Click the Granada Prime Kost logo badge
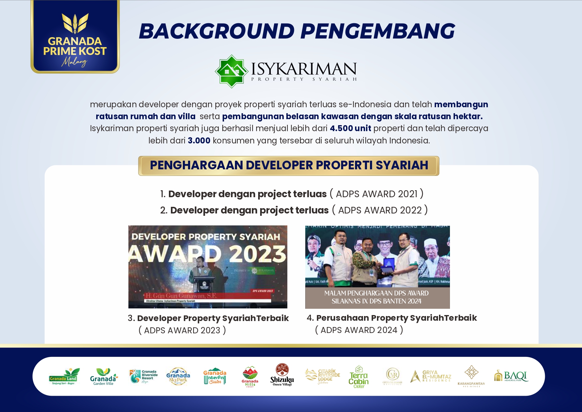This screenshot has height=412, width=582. (x=75, y=37)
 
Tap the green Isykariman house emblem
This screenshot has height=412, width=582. (x=231, y=71)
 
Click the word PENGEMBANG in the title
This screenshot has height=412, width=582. (x=377, y=31)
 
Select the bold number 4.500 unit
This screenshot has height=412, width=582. (x=350, y=128)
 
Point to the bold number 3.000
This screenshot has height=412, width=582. (x=199, y=141)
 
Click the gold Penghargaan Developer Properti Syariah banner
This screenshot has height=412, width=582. (x=289, y=165)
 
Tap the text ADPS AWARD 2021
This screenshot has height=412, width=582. (x=377, y=194)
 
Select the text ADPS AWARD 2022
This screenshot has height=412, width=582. (x=380, y=210)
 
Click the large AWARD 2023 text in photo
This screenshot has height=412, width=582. (x=207, y=254)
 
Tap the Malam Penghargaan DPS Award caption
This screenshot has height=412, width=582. (x=377, y=297)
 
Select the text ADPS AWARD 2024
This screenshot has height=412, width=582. (x=359, y=330)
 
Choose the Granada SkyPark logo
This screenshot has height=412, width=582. (x=178, y=376)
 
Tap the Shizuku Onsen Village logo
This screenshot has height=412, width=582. (x=282, y=375)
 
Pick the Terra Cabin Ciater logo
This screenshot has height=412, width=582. (x=359, y=377)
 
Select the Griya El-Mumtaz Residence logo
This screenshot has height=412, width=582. (x=431, y=376)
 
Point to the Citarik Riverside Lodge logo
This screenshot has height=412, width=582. (x=323, y=376)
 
